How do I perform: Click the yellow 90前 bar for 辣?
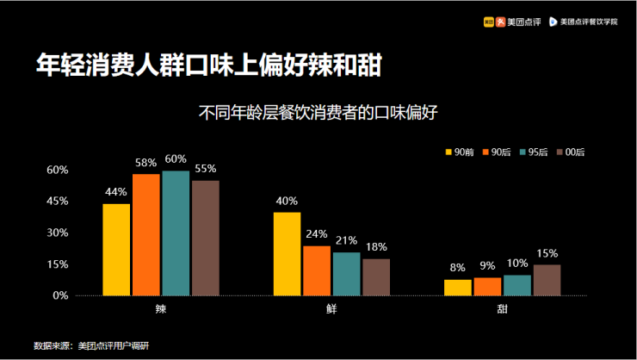[116, 250]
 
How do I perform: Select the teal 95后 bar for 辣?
[176, 233]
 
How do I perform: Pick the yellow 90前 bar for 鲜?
[288, 254]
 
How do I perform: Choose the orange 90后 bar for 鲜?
[317, 270]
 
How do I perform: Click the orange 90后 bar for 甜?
[487, 286]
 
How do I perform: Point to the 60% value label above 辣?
[176, 159]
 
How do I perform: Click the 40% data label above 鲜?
[287, 202]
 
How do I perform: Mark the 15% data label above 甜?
[547, 253]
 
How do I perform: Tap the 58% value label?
[145, 163]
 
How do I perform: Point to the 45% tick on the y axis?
[57, 201]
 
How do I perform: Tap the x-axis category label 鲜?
[331, 307]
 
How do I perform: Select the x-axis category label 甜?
[502, 307]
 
